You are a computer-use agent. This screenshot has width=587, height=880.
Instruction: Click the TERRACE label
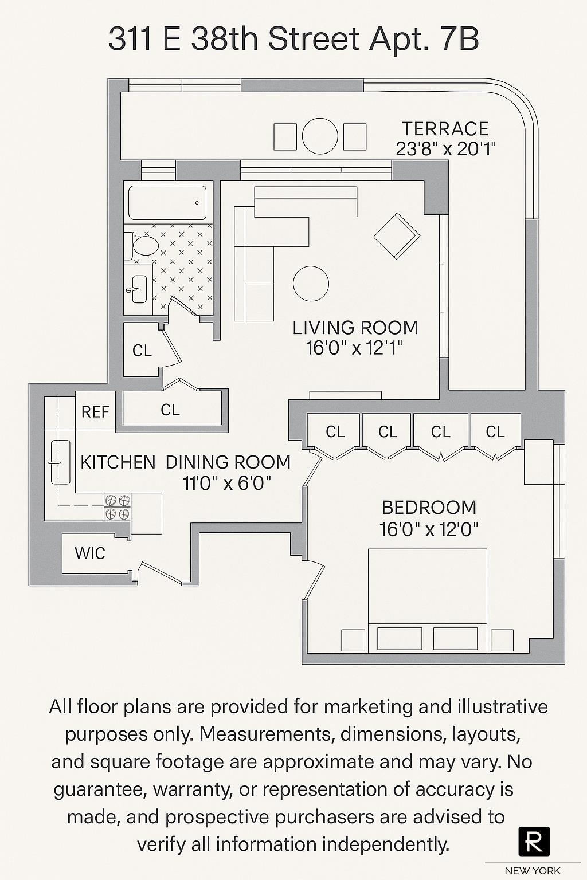click(x=445, y=129)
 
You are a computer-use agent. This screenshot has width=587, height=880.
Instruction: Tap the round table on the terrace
click(x=320, y=136)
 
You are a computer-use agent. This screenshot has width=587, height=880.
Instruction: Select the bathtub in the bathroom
click(x=167, y=203)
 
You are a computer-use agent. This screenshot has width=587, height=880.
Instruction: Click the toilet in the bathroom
click(x=143, y=246)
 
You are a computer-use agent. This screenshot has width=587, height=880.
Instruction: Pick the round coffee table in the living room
click(x=311, y=283)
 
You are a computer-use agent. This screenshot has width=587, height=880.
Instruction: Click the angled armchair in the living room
click(x=397, y=235)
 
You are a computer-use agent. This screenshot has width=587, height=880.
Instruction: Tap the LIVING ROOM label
click(x=355, y=328)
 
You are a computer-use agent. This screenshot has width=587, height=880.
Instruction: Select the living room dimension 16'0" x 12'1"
click(x=355, y=348)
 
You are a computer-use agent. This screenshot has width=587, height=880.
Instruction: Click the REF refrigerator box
click(x=95, y=411)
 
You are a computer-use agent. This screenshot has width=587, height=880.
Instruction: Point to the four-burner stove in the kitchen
click(x=118, y=506)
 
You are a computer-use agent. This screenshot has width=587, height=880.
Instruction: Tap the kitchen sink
click(x=60, y=462)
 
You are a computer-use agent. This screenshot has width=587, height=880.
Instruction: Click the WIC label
click(x=90, y=553)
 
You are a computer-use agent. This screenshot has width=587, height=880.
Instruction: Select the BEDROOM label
click(x=429, y=508)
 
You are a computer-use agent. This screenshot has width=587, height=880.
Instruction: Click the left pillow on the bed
click(x=399, y=638)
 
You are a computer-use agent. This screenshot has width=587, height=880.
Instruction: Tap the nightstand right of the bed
click(x=502, y=640)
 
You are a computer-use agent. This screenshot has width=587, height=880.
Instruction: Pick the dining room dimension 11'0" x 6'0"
click(x=226, y=484)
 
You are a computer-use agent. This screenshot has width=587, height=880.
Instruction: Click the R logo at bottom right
click(x=534, y=842)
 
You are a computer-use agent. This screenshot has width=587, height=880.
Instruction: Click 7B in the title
click(x=459, y=40)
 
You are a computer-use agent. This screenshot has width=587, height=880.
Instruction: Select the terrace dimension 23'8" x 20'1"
click(x=445, y=149)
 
